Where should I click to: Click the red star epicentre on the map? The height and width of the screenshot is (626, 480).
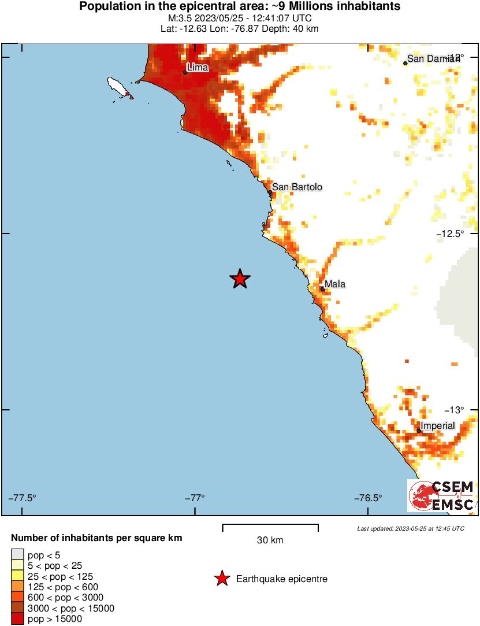point(240,279)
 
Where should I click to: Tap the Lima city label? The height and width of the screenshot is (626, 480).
point(198,68)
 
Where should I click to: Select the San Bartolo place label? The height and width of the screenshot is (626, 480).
point(297,187)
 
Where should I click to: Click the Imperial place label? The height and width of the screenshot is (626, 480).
point(437,426)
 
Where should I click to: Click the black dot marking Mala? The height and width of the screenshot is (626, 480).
point(322,289)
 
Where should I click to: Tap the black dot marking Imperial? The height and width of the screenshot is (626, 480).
point(419,431)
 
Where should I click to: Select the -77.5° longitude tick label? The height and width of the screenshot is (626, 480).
point(23,498)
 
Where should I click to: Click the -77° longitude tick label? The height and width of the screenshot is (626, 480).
point(195,498)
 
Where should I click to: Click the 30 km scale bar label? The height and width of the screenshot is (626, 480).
point(270,540)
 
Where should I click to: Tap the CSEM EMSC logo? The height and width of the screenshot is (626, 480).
point(442,496)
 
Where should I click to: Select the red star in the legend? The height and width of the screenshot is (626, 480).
point(221,579)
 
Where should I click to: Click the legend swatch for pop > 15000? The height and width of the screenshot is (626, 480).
point(17,619)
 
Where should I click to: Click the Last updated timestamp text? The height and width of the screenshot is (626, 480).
point(410,528)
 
